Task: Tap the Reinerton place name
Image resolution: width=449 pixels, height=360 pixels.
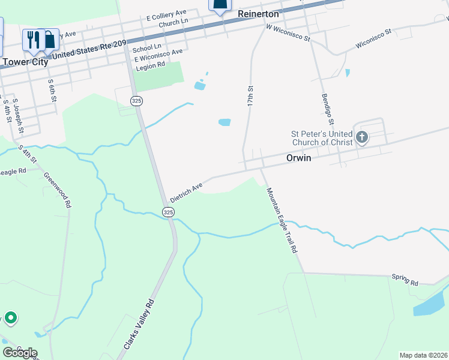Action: (259, 13)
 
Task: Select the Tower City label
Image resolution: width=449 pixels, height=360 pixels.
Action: (25, 61)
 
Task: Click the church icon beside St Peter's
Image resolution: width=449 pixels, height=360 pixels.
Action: (361, 137)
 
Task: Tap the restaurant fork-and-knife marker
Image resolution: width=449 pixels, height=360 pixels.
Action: (32, 40)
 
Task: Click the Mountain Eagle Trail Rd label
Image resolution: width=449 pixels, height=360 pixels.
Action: (282, 220)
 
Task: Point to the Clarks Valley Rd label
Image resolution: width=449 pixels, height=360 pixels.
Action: (139, 325)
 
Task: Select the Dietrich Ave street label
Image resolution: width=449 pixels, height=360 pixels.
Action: (186, 193)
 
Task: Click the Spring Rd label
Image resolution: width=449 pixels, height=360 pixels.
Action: (405, 280)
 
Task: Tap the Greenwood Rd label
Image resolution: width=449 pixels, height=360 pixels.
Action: (58, 190)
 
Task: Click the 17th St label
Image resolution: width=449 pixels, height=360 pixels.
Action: (251, 96)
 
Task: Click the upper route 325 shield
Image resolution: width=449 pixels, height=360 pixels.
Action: (137, 101)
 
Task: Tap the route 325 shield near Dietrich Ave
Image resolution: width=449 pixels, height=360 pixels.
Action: (168, 212)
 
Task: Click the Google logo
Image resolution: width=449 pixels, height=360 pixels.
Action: (20, 353)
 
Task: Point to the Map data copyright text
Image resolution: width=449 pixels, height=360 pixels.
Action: (423, 355)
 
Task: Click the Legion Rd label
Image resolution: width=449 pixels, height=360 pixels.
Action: (150, 68)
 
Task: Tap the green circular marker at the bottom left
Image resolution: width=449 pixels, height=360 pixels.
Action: (10, 317)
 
